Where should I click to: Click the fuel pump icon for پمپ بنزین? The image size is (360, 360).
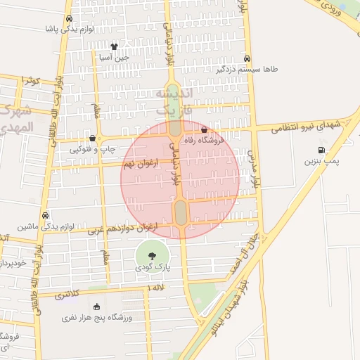click(321, 150)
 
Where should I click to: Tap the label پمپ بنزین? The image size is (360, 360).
click(321, 162)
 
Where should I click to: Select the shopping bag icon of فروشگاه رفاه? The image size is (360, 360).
click(204, 129)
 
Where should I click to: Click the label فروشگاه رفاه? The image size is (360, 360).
click(204, 141)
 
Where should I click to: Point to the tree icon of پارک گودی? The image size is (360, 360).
click(152, 255)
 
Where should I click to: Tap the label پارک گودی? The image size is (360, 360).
click(152, 269)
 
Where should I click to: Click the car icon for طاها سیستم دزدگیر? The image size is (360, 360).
click(247, 58)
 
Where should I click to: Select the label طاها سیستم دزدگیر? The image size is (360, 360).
click(247, 70)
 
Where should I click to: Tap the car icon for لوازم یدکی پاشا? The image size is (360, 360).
click(69, 19)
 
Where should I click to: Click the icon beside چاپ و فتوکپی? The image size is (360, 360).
click(92, 139)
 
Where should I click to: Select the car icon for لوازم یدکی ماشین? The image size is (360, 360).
click(46, 215)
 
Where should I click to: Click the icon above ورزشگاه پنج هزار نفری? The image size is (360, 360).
click(96, 307)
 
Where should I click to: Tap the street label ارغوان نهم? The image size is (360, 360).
click(140, 164)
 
